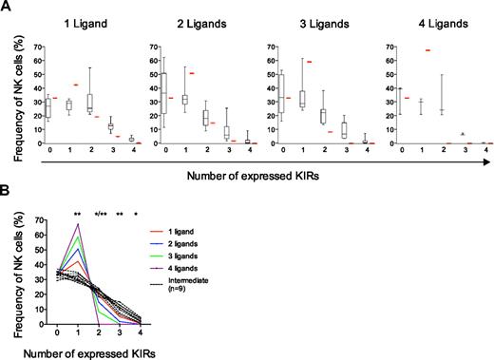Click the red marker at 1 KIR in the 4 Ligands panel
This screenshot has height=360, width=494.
(428, 49)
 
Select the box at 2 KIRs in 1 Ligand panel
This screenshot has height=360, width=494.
(89, 102)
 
